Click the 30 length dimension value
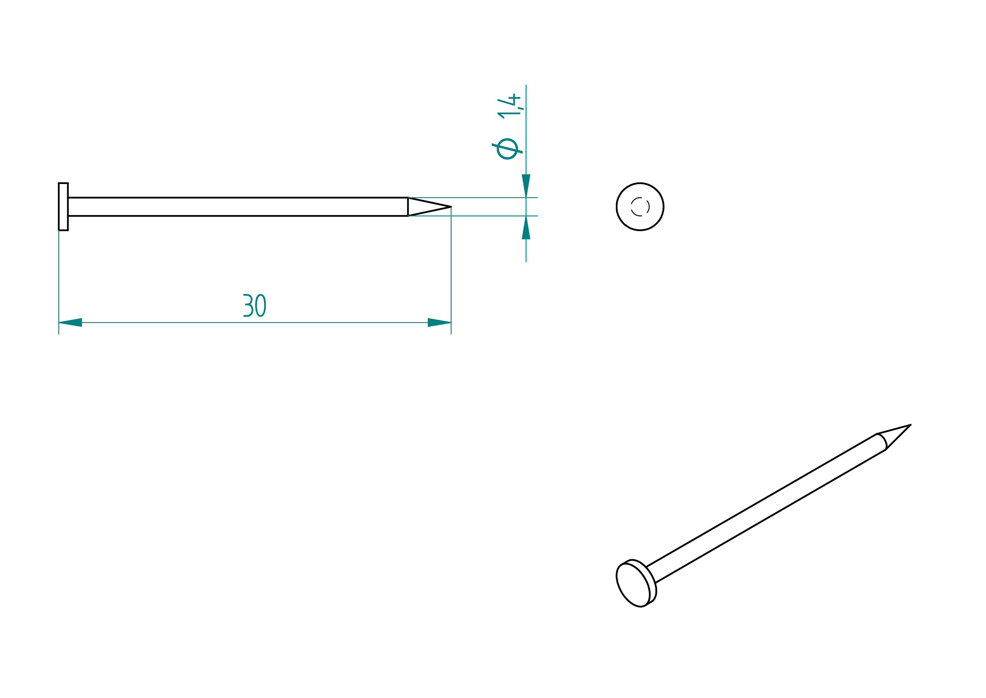[x=255, y=306]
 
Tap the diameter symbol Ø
[x=507, y=149]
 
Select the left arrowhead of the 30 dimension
[x=70, y=322]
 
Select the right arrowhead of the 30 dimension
[x=439, y=322]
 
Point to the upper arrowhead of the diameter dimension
[x=526, y=186]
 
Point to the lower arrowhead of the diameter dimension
[x=526, y=227]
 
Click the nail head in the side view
[x=63, y=207]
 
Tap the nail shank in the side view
[x=238, y=207]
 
